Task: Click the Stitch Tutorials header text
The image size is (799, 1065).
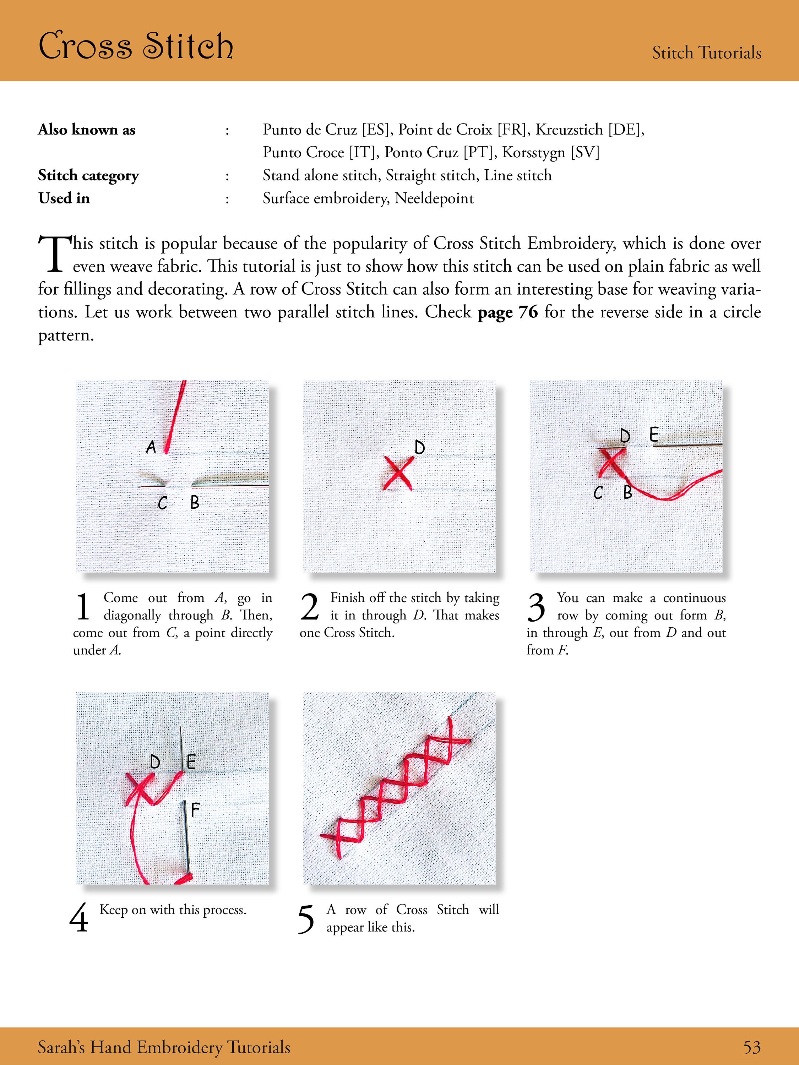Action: (x=707, y=53)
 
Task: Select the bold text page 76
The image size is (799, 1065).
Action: (x=507, y=312)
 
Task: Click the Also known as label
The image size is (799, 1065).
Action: (x=87, y=130)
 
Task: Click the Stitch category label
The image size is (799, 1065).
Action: (x=89, y=176)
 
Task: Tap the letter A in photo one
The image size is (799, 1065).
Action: (x=151, y=447)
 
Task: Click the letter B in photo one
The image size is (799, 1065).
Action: (x=195, y=503)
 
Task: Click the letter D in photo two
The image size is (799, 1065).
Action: (x=419, y=448)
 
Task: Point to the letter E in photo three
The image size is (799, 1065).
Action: (x=653, y=435)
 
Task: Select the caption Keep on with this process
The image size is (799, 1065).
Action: (x=173, y=910)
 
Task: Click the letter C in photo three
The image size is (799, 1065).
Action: (x=598, y=492)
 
